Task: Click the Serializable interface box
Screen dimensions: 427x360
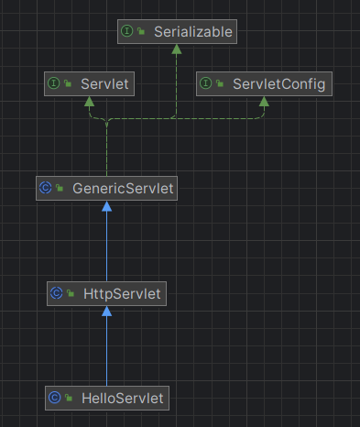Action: pyautogui.click(x=177, y=32)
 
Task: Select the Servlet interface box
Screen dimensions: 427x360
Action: pyautogui.click(x=90, y=83)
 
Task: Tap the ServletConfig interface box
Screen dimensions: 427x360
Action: pyautogui.click(x=263, y=83)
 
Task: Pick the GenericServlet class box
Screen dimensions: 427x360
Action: pyautogui.click(x=106, y=188)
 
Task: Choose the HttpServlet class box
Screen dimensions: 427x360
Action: pyautogui.click(x=106, y=293)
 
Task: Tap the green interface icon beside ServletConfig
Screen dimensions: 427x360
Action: pyautogui.click(x=206, y=83)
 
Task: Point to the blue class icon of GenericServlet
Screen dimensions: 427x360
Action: pyautogui.click(x=45, y=188)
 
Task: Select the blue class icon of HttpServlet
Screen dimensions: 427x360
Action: pyautogui.click(x=56, y=293)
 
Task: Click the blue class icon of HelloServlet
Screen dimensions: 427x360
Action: pyautogui.click(x=54, y=398)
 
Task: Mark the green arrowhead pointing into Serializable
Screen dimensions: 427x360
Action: pyautogui.click(x=177, y=50)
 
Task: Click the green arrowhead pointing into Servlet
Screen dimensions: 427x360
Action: pyautogui.click(x=90, y=102)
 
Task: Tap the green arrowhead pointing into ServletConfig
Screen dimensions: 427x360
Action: pyautogui.click(x=263, y=102)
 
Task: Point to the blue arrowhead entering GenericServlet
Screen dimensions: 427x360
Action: pyautogui.click(x=106, y=206)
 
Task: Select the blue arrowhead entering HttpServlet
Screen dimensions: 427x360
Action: pyautogui.click(x=106, y=312)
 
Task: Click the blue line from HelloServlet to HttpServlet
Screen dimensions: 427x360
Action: pyautogui.click(x=106, y=353)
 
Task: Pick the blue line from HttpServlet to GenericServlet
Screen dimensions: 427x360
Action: pyautogui.click(x=106, y=247)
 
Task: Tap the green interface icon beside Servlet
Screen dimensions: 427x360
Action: pyautogui.click(x=54, y=83)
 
